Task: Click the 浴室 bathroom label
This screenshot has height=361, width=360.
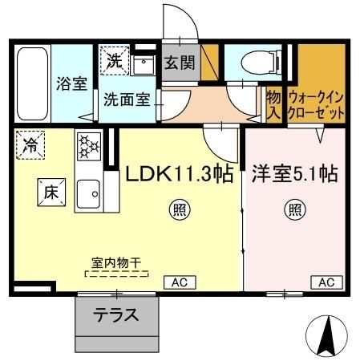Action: pos(71,84)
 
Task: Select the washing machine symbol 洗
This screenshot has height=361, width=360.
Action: pos(114,59)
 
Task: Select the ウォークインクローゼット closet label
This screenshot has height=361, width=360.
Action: pos(316,102)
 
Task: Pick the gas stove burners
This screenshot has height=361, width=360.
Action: pos(87,147)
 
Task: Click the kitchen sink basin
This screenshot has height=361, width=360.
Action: pos(87,193)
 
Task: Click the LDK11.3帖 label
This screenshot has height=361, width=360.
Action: pos(178,173)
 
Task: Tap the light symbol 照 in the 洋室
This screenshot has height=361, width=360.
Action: pos(295,212)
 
